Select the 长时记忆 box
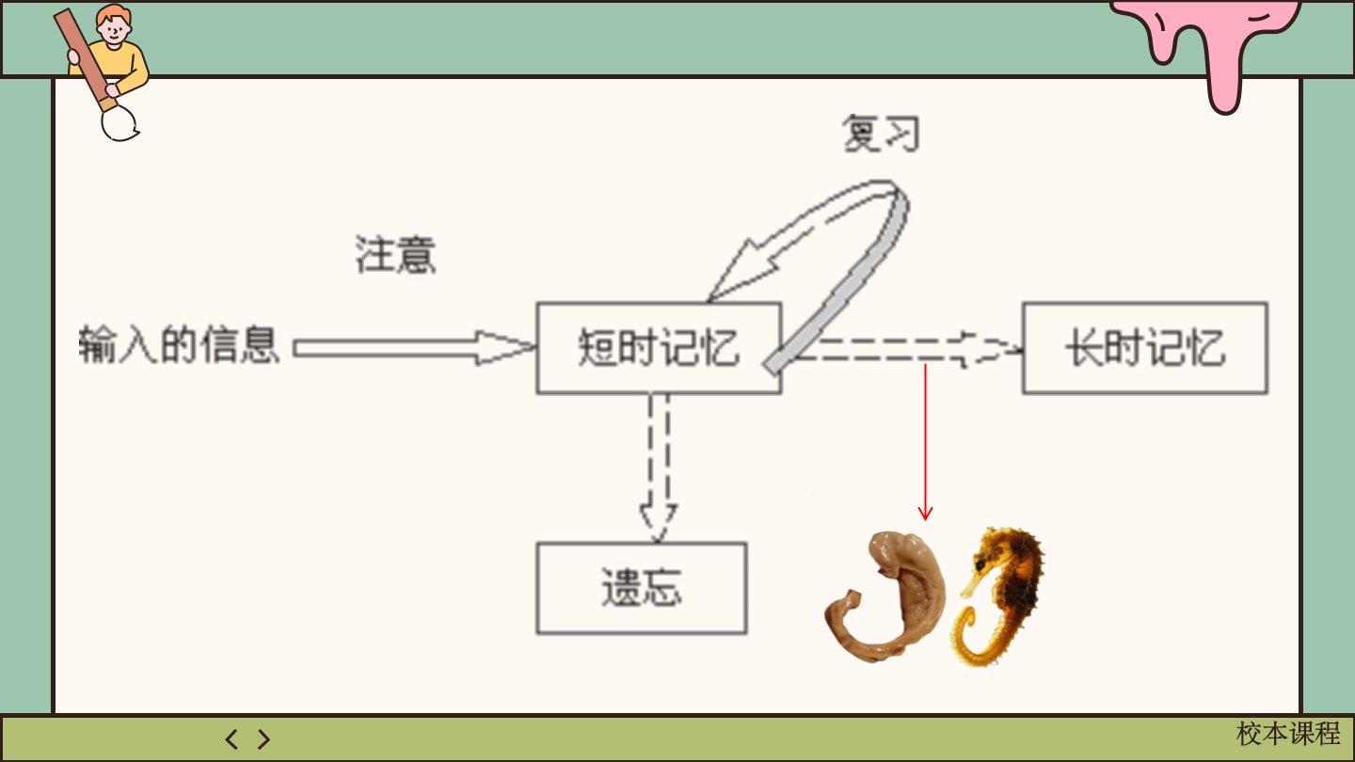click(1144, 347)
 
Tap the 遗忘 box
click(641, 587)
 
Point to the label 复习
click(880, 135)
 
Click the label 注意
click(395, 254)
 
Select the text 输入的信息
click(179, 344)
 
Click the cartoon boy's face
click(114, 27)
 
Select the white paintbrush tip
click(120, 123)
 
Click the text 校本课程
click(1287, 734)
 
